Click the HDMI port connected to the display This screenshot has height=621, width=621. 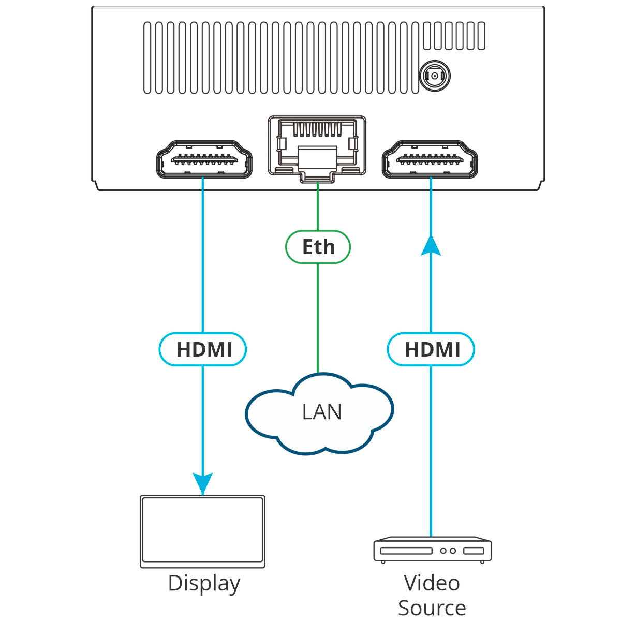(204, 159)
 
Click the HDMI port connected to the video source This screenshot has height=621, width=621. (430, 159)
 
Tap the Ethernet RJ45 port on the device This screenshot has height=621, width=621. (317, 149)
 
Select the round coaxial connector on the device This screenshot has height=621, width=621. (435, 76)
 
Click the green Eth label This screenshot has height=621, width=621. (318, 247)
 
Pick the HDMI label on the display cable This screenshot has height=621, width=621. (203, 349)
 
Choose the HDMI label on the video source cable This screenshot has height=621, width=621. (431, 349)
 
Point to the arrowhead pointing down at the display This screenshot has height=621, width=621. (203, 484)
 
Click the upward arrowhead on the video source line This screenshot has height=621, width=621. (431, 246)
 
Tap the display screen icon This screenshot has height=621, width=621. (203, 532)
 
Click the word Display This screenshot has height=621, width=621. (204, 584)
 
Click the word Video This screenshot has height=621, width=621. (432, 583)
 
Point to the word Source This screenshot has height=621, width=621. (432, 608)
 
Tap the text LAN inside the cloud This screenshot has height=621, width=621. (321, 411)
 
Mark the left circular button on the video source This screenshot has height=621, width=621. (443, 551)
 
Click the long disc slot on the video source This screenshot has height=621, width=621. (406, 551)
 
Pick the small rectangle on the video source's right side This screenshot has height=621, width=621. (474, 551)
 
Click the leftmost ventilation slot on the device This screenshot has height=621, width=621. (147, 57)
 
